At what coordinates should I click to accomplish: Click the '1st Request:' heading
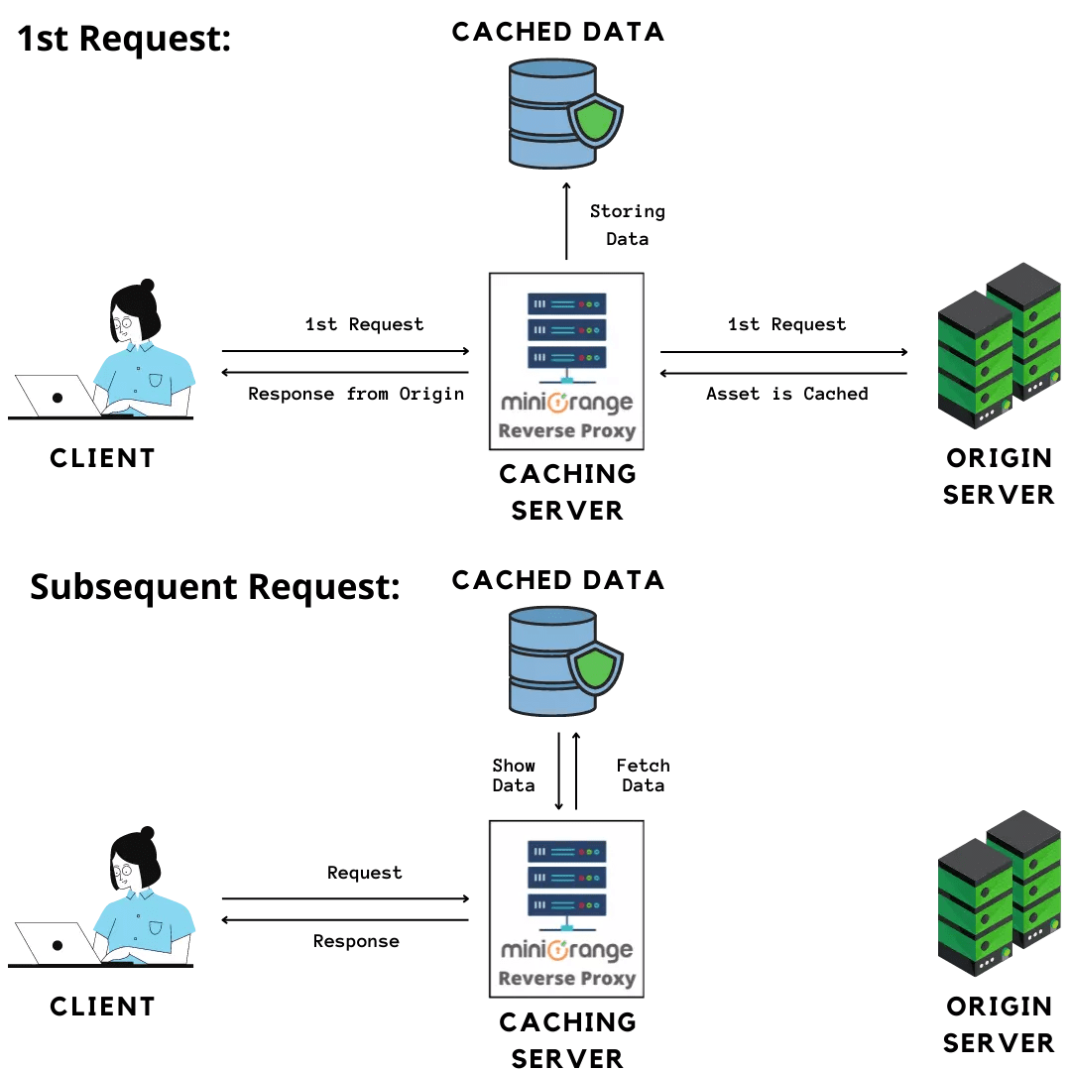coord(124,39)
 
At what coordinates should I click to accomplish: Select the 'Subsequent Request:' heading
coord(214,586)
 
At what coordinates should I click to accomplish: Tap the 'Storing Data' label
coord(627,225)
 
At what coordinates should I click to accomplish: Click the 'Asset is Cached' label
coord(786,394)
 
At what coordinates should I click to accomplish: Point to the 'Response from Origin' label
coord(356,394)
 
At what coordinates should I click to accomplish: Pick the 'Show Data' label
coord(514,775)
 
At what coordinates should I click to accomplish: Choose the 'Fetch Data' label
coord(643,775)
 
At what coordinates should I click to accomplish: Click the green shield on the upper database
coord(594,120)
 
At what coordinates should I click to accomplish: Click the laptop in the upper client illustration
coord(58,396)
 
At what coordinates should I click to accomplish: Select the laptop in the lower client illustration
coord(58,944)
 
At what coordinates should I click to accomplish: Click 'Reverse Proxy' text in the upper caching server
coord(566,431)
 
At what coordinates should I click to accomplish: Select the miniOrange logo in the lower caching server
coord(566,950)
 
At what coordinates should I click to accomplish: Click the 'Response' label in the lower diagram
coord(356,941)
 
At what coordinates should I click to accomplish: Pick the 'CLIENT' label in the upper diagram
coord(102,458)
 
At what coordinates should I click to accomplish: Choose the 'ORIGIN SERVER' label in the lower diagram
coord(998,1024)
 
